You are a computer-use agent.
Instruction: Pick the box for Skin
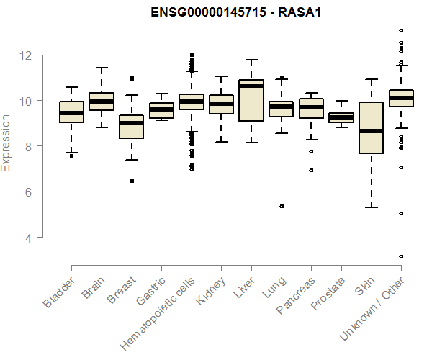tap(371, 127)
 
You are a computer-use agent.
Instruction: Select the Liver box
tap(251, 110)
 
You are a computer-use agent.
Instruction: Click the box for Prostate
tap(341, 117)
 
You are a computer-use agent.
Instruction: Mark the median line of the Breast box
tap(131, 123)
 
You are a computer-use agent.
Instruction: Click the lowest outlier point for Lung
tap(282, 206)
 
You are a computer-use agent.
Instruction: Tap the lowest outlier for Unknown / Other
tap(401, 256)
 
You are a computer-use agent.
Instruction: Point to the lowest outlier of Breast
tap(131, 181)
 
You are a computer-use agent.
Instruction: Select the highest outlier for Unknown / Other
tap(401, 30)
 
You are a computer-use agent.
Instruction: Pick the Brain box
tap(102, 101)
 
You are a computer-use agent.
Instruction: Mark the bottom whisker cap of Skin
tap(371, 207)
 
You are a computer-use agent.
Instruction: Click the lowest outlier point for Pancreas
tap(311, 171)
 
